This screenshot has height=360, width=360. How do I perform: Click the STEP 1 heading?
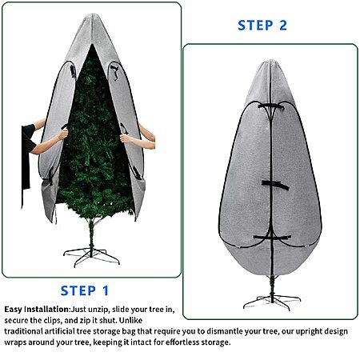pyautogui.click(x=85, y=290)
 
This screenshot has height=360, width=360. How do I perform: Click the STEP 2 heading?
pyautogui.click(x=262, y=26)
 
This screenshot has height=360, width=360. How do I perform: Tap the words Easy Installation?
pyautogui.click(x=37, y=310)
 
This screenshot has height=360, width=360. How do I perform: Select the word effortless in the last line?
pyautogui.click(x=182, y=342)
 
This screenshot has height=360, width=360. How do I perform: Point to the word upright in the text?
pyautogui.click(x=309, y=332)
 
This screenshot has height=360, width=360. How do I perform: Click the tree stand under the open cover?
pyautogui.click(x=91, y=257)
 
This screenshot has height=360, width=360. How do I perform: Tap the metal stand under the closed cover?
pyautogui.click(x=272, y=302)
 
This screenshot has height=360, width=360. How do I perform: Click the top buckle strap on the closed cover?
pyautogui.click(x=270, y=107)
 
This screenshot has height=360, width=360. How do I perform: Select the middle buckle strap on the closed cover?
pyautogui.click(x=274, y=185)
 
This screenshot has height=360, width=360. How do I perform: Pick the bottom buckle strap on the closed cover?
pyautogui.click(x=272, y=237)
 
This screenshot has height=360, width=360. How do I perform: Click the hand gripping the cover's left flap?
pyautogui.click(x=63, y=133)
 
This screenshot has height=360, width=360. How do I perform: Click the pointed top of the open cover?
pyautogui.click(x=93, y=15)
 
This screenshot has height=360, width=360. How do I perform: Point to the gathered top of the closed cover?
pyautogui.click(x=270, y=62)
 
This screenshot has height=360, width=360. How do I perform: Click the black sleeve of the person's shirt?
pyautogui.click(x=29, y=138)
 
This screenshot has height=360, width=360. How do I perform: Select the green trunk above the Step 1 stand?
pyautogui.click(x=91, y=236)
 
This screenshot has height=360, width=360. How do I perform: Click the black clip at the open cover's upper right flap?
pyautogui.click(x=114, y=71)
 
